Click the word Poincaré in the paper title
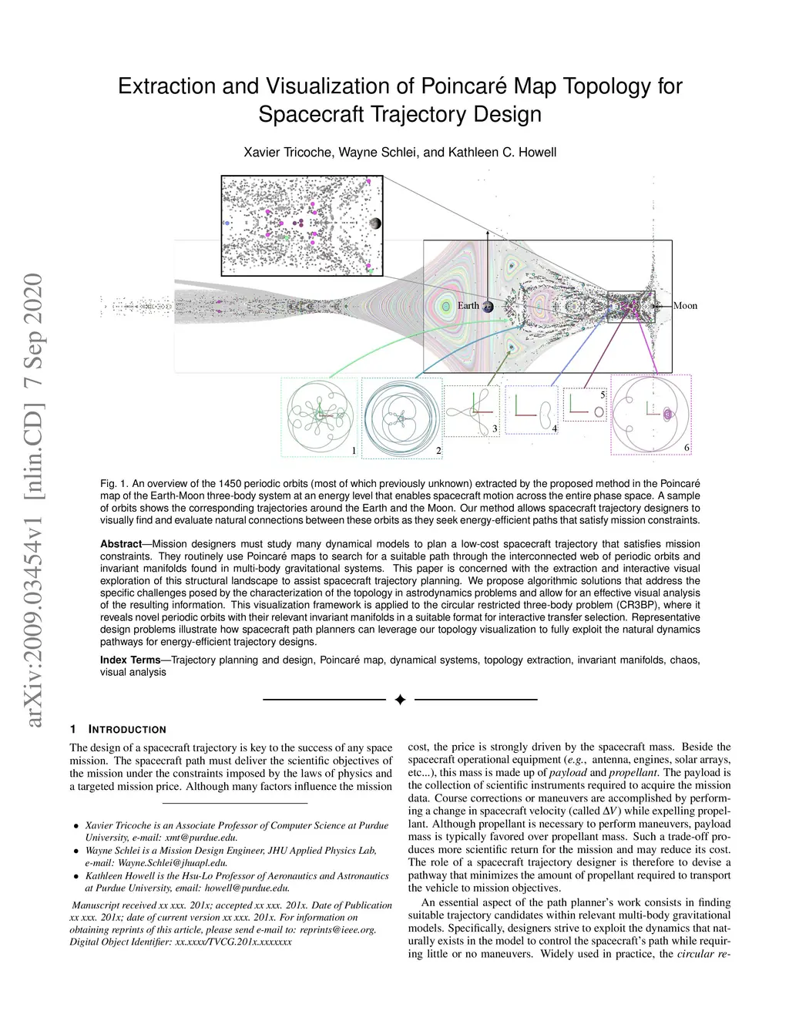462,86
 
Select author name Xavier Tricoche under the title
287,153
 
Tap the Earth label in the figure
468,306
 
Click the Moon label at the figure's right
685,306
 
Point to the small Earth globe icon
488,306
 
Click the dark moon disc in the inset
374,223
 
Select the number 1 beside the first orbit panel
353,450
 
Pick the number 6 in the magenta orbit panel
687,448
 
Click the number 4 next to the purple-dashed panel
554,428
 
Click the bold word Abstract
121,544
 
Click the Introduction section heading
128,729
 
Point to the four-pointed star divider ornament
400,700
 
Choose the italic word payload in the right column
567,773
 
